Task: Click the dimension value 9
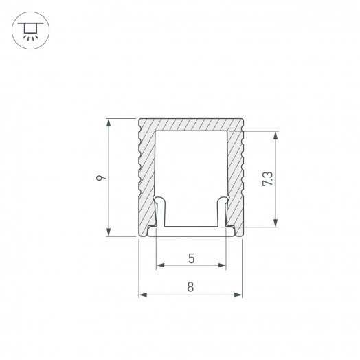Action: tap(100, 178)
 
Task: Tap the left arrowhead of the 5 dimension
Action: tap(160, 265)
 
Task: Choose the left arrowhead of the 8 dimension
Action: tap(143, 295)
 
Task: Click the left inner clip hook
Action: tap(159, 210)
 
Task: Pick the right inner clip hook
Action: tap(223, 210)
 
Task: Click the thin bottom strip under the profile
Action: tap(191, 234)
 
